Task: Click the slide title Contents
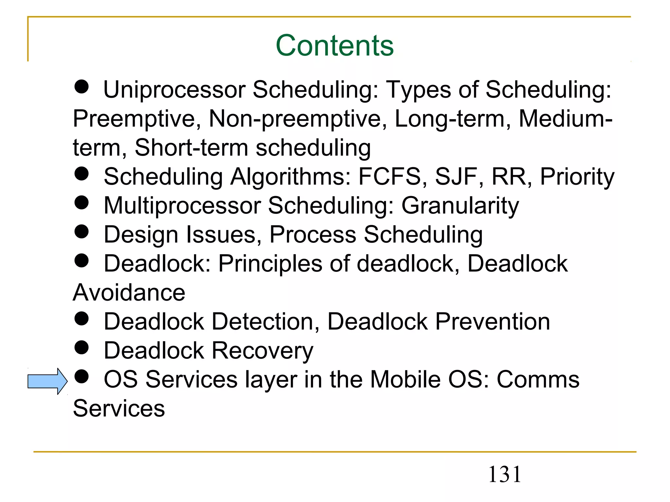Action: pyautogui.click(x=335, y=45)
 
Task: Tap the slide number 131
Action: pyautogui.click(x=504, y=475)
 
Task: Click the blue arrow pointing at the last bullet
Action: pyautogui.click(x=47, y=381)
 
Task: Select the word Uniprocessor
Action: pyautogui.click(x=174, y=90)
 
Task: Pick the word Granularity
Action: pyautogui.click(x=460, y=206)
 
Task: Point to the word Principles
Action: pyautogui.click(x=270, y=264)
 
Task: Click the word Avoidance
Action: pyautogui.click(x=129, y=293)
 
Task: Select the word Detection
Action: pyautogui.click(x=265, y=322)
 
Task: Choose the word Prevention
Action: pyautogui.click(x=493, y=322)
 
